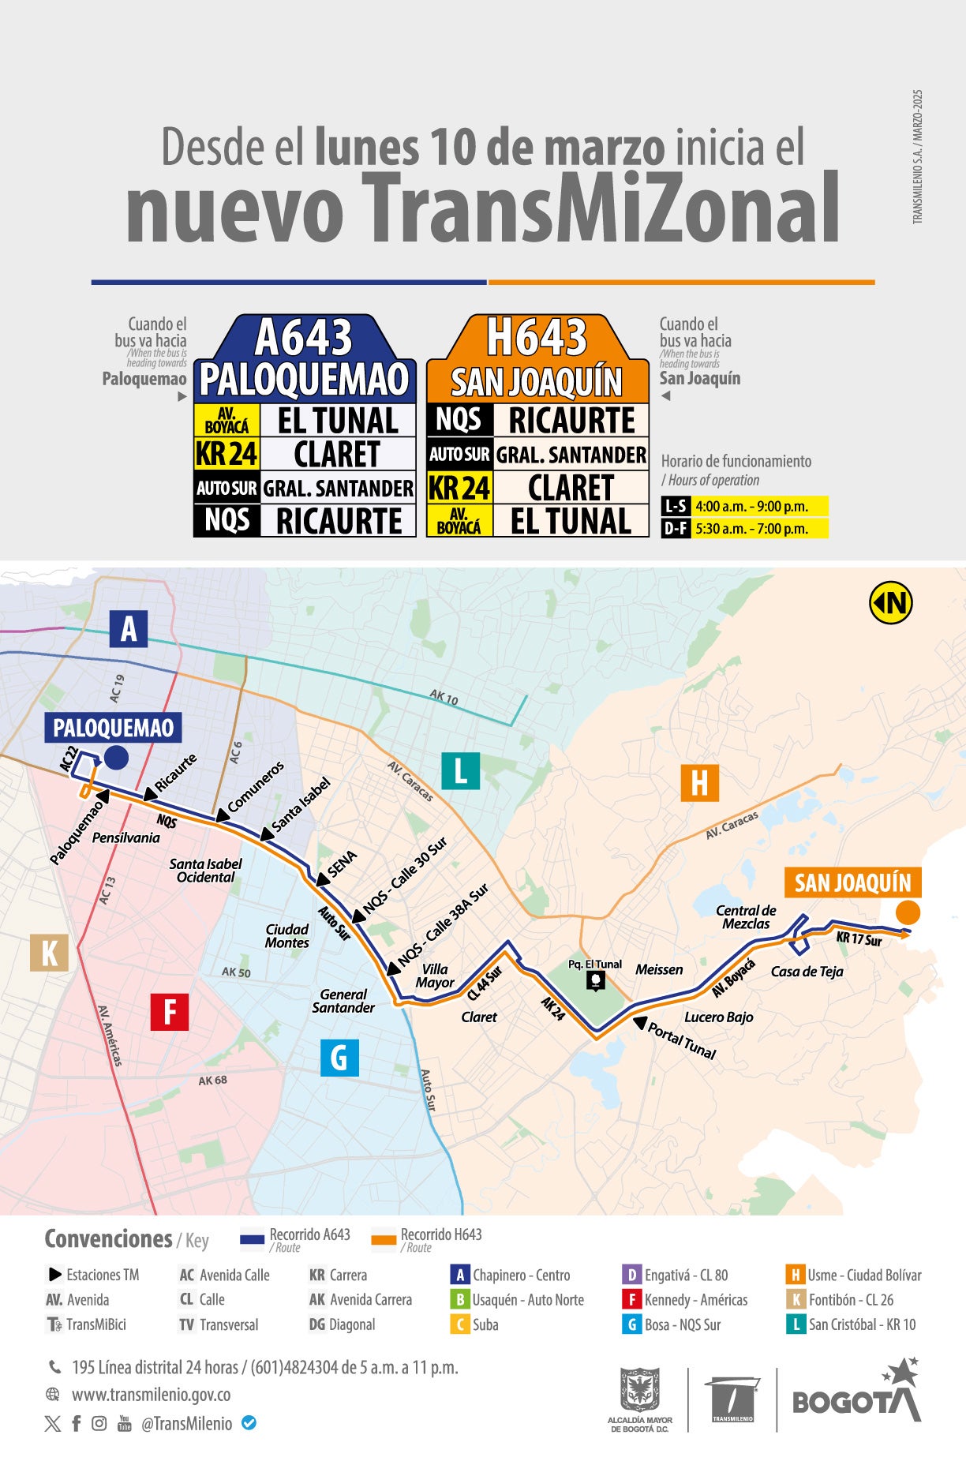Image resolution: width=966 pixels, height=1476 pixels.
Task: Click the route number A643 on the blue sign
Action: [304, 338]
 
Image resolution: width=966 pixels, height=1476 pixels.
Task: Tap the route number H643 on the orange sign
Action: [537, 338]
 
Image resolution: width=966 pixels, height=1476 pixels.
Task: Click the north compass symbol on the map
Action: [891, 603]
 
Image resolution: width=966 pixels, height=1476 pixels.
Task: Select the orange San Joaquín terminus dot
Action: [908, 912]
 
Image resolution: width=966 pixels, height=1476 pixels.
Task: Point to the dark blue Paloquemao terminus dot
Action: [116, 758]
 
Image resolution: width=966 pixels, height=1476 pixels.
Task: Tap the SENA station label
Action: [342, 864]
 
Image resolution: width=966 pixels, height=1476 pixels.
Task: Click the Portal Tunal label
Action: [682, 1040]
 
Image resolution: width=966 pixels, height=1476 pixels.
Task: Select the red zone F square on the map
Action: [170, 1011]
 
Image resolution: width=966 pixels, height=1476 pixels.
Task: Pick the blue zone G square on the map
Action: [339, 1057]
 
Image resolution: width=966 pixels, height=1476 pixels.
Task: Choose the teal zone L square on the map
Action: [461, 770]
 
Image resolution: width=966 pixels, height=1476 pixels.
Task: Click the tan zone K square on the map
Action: [49, 953]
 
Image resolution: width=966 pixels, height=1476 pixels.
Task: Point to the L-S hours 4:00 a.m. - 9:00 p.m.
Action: [751, 507]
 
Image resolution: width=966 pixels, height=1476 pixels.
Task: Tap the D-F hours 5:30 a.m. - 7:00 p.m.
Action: [751, 529]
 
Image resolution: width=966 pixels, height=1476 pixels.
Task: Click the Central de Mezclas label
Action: [745, 917]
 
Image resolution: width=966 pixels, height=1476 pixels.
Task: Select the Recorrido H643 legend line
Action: [384, 1240]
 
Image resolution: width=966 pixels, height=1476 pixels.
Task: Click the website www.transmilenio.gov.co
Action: [151, 1395]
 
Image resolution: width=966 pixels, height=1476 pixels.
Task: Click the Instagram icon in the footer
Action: [99, 1423]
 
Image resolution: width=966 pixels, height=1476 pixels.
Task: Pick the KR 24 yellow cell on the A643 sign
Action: [227, 454]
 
